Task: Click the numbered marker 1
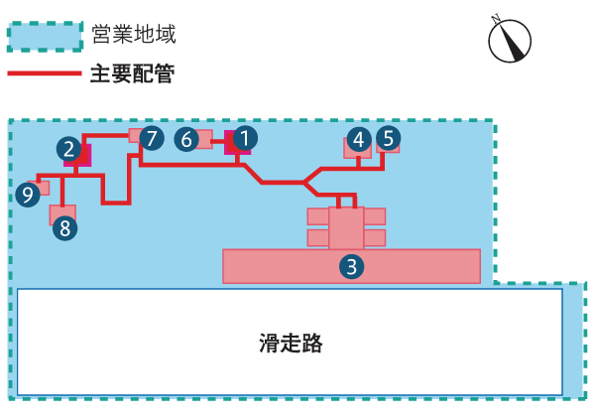coord(245,138)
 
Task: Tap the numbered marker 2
coord(68,149)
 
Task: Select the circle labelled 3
coord(351,266)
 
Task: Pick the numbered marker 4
coord(359,140)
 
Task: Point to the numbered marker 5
coord(389,138)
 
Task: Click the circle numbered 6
coord(186,139)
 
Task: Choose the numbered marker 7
coord(151,138)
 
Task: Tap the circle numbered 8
coord(64,228)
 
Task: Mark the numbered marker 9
coord(28,195)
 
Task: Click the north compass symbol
coord(510,40)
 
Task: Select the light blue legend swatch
coord(45,37)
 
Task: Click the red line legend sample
coord(45,73)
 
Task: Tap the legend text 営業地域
coord(134,35)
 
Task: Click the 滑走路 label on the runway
coord(292,344)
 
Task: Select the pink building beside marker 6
coord(205,139)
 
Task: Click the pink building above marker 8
coord(62,211)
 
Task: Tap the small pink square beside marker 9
coord(43,188)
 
